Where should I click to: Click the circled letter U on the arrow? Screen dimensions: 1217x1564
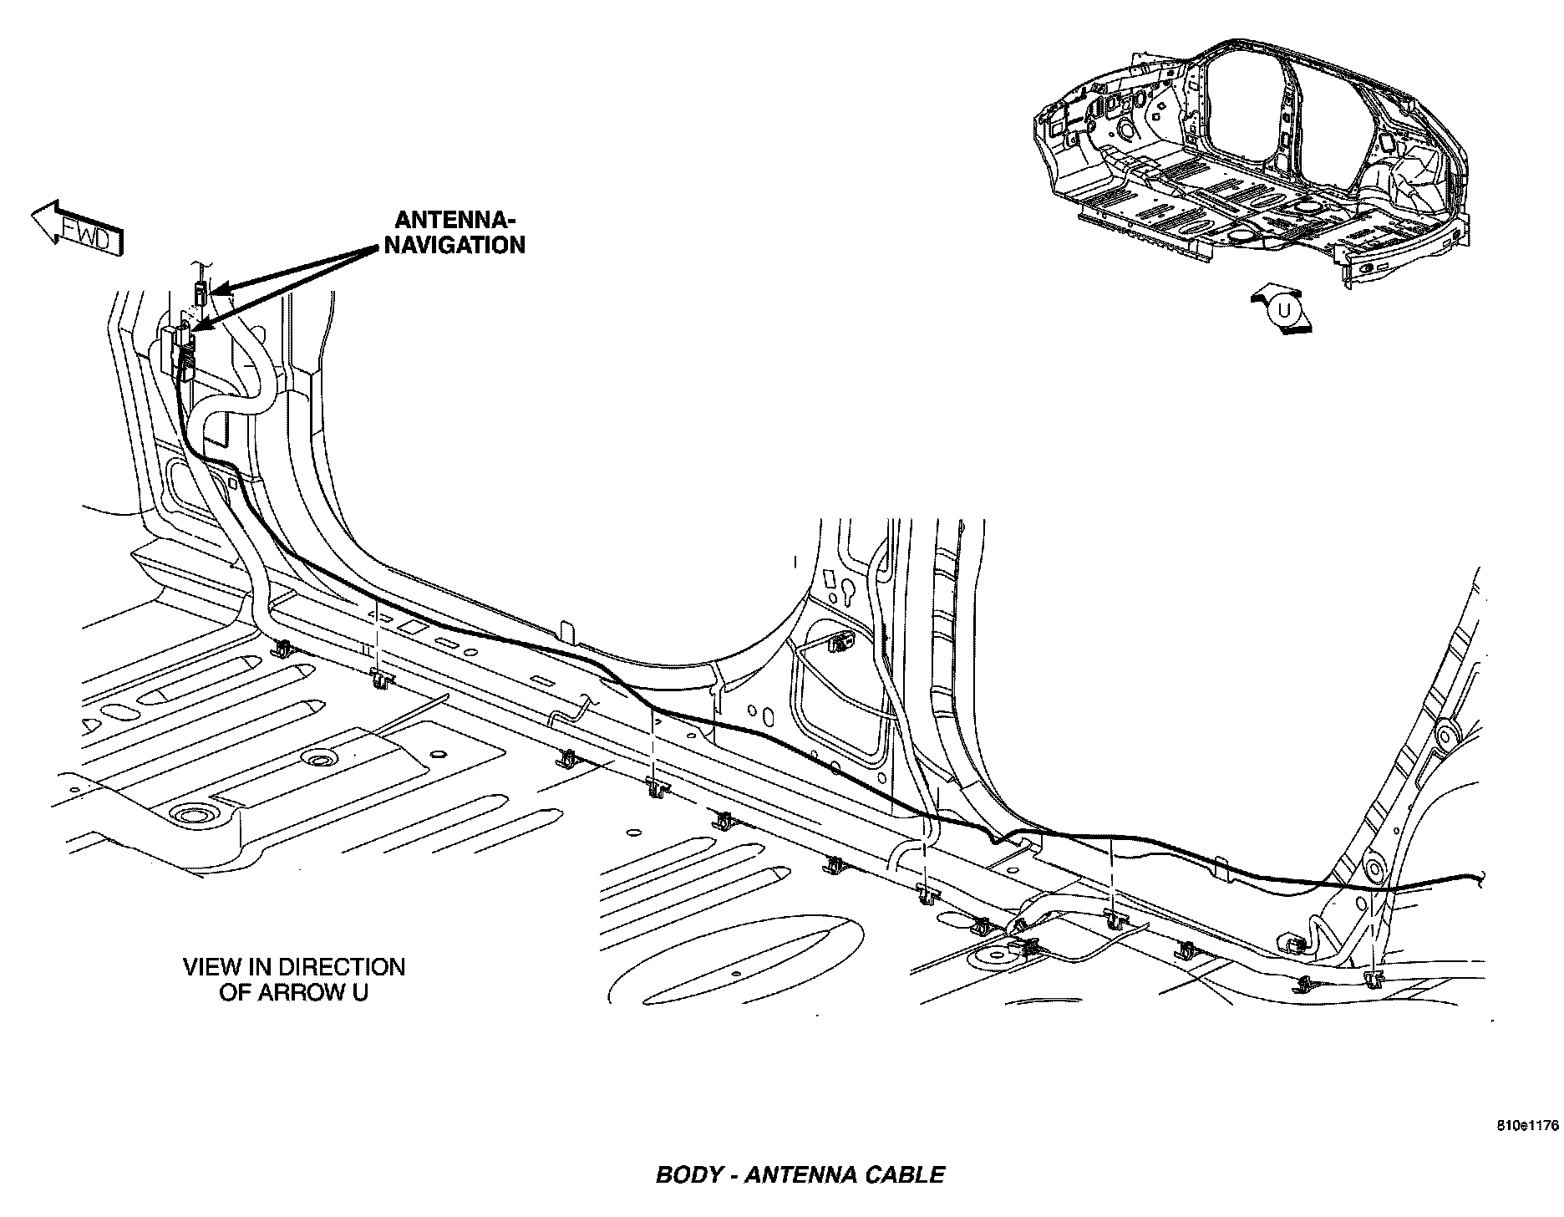click(1285, 310)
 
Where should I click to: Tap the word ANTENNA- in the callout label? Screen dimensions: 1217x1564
click(456, 220)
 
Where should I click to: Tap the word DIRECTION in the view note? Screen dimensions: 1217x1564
click(341, 967)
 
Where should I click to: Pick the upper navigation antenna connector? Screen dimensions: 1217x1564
click(200, 293)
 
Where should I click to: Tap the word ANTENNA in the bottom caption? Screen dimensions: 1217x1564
click(801, 1174)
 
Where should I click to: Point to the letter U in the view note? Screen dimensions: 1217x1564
click(360, 992)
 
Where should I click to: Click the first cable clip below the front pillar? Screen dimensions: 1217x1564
click(282, 648)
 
